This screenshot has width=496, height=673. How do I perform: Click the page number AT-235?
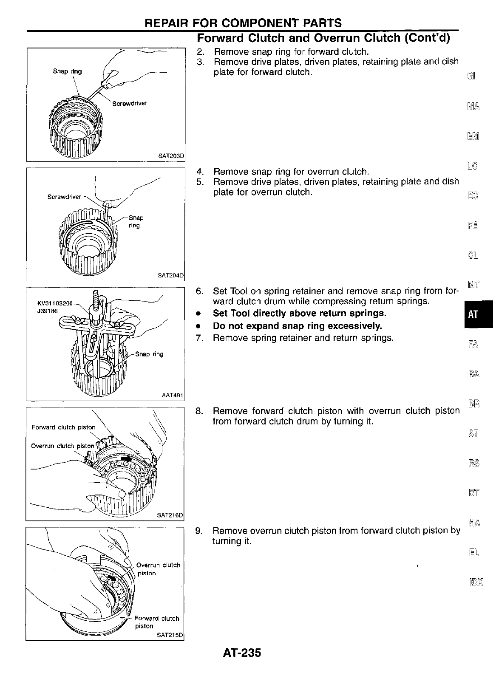[x=241, y=653]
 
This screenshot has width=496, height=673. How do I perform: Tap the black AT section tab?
[x=473, y=314]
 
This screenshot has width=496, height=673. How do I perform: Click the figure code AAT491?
[x=172, y=396]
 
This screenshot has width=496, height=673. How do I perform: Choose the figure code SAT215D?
[x=170, y=635]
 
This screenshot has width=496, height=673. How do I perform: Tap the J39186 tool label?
[x=48, y=311]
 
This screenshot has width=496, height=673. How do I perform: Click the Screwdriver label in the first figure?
[x=130, y=103]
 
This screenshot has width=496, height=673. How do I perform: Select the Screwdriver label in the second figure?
[x=64, y=197]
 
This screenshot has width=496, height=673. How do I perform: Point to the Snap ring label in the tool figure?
[x=149, y=354]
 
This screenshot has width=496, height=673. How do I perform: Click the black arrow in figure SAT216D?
[x=126, y=459]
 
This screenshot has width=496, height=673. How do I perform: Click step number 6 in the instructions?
[x=198, y=291]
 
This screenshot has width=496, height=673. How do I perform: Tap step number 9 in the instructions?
[x=198, y=531]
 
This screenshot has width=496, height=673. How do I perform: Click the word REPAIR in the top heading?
[x=167, y=23]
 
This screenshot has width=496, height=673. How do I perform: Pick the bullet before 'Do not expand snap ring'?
[x=198, y=326]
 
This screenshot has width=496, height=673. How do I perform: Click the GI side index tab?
[x=472, y=76]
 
